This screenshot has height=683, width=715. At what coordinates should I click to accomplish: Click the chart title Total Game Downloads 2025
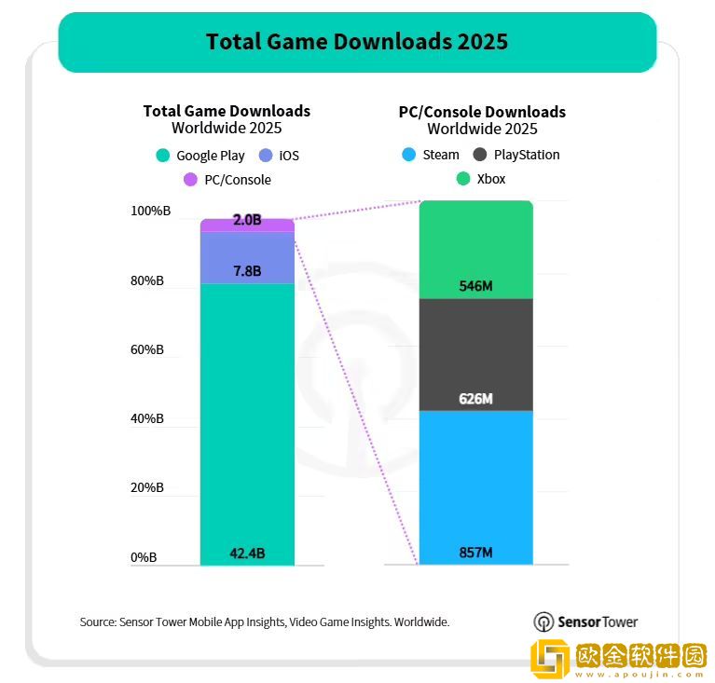click(357, 42)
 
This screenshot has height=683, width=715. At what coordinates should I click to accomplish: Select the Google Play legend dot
click(163, 156)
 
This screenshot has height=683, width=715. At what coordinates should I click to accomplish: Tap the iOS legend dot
click(266, 156)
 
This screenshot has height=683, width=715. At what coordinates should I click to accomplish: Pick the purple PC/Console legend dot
click(190, 179)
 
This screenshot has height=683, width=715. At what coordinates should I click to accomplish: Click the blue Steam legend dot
click(406, 155)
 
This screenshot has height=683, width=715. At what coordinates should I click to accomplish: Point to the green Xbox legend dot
click(462, 178)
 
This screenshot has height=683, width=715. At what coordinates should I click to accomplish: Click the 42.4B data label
click(247, 553)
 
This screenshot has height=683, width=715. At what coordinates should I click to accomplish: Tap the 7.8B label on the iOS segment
click(247, 271)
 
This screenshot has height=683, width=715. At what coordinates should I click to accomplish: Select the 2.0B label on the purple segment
click(247, 221)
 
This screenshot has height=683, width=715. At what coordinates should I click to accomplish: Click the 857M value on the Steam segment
click(475, 553)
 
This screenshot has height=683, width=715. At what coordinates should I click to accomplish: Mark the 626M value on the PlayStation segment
click(475, 399)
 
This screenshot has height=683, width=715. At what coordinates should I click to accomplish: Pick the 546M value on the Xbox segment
click(475, 286)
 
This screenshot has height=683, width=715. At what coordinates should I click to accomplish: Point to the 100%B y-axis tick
click(147, 212)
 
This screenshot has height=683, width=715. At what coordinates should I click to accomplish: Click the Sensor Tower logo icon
click(543, 622)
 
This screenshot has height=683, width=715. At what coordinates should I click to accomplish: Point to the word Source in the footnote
click(98, 622)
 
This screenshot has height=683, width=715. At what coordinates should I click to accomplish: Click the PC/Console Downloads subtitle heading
click(482, 112)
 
